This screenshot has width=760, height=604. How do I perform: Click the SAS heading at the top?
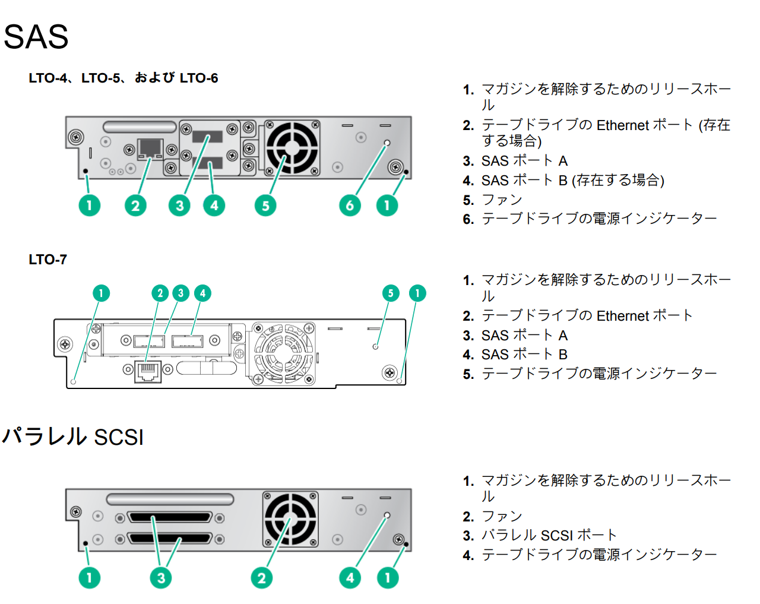pos(36,37)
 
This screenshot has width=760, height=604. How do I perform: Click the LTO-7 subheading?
pos(47,260)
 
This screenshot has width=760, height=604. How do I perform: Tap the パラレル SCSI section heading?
pos(73,437)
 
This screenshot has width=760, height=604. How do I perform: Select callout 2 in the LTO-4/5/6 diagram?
pos(135,205)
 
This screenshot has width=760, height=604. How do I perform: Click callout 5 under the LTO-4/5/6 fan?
pos(265,205)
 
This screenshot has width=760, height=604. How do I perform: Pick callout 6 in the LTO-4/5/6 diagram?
pos(350,205)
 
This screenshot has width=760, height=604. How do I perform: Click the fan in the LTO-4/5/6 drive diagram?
pos(292,148)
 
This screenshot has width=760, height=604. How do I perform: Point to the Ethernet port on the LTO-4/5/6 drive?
pos(150,149)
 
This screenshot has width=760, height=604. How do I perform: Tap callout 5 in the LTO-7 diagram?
pos(390,293)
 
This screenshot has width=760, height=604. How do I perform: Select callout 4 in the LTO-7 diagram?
pos(202,293)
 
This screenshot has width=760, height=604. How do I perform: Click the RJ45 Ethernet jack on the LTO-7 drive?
pos(148,371)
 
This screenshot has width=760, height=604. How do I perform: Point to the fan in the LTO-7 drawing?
pos(283,354)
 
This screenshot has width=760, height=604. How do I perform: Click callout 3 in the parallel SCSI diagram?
pos(161,578)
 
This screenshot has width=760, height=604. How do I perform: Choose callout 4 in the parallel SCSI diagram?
pos(350,578)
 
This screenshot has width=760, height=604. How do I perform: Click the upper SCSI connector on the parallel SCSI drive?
pos(169,518)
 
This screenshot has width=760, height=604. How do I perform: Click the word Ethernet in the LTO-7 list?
pos(622,316)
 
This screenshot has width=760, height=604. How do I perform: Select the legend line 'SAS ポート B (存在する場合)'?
pos(572,181)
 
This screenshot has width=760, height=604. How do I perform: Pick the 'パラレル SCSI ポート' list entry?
pos(549,536)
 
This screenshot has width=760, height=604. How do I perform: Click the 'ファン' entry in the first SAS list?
pos(502,200)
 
